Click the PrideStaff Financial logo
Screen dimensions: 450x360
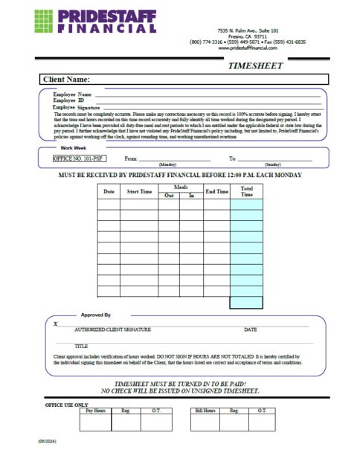[95, 21]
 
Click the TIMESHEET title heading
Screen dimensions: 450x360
[254, 65]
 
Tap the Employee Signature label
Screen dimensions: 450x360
[77, 107]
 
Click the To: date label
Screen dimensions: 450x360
[232, 158]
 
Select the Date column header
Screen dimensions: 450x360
[109, 192]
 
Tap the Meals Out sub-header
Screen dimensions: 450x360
[169, 196]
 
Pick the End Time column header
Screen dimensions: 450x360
[216, 192]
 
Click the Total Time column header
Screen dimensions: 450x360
[247, 192]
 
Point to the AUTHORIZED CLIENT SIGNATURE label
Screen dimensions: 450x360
[113, 329]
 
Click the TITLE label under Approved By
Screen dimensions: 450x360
[81, 346]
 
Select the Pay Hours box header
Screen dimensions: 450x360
[95, 410]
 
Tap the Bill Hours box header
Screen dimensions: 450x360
[205, 410]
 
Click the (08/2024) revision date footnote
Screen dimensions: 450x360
[48, 441]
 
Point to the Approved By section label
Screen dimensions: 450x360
[96, 315]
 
